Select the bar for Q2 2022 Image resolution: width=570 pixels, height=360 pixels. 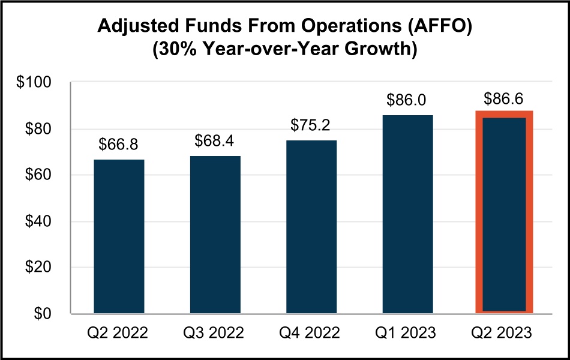tap(119, 236)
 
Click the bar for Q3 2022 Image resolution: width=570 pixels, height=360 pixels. tap(215, 235)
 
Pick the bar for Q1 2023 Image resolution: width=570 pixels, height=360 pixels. tap(407, 214)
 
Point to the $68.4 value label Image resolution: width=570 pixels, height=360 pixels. tap(215, 142)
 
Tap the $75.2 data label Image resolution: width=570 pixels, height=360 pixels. tap(311, 126)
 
